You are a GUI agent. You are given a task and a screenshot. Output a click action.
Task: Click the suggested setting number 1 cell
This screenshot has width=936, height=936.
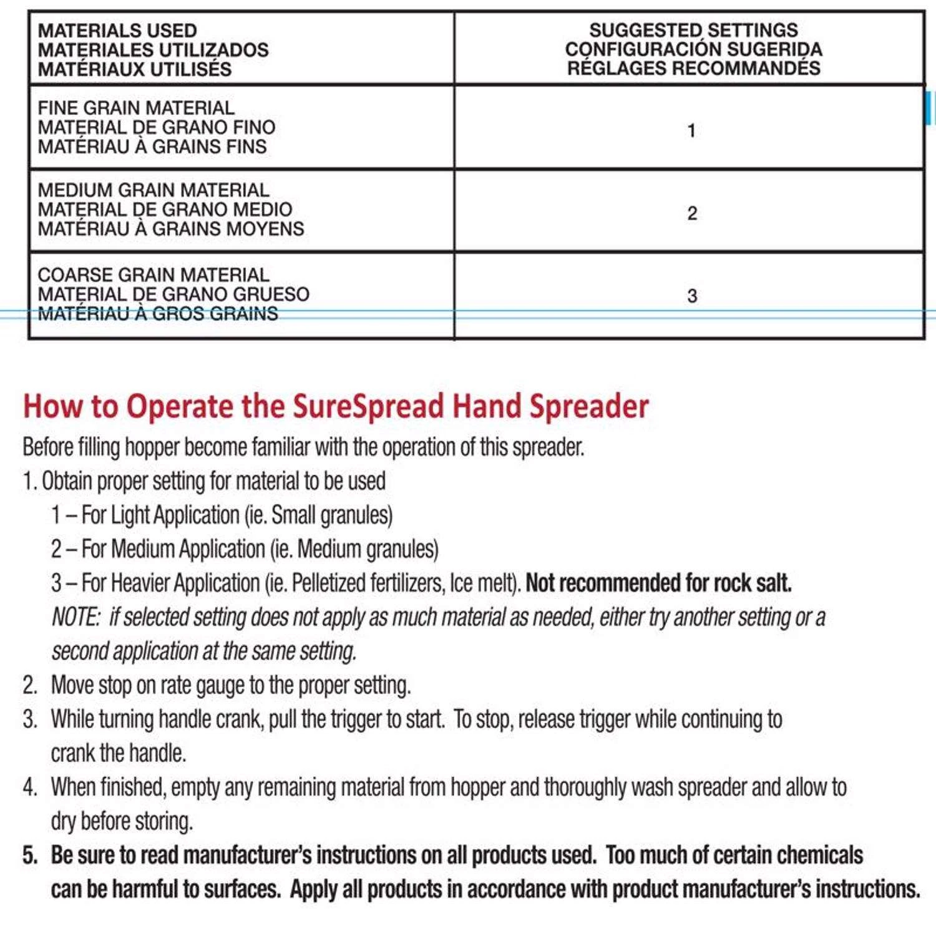691,131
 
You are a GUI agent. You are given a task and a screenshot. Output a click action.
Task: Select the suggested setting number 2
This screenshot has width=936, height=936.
691,213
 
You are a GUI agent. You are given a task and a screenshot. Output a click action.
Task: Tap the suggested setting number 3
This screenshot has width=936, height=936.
691,296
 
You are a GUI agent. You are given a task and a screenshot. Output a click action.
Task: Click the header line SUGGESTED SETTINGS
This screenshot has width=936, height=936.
693,30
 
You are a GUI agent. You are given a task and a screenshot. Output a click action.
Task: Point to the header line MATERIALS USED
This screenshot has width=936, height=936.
117,31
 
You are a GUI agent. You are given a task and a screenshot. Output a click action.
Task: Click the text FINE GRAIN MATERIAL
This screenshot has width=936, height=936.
136,108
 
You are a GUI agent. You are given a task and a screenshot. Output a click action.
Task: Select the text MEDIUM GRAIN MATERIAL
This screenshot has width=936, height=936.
154,190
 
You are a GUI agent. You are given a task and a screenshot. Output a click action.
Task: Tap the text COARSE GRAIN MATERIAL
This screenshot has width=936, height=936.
154,275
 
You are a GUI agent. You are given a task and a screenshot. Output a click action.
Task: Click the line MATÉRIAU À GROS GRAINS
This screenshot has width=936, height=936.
158,313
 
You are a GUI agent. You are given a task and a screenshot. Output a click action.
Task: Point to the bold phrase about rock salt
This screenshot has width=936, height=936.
658,583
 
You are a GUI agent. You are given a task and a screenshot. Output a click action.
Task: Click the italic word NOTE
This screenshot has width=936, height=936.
76,617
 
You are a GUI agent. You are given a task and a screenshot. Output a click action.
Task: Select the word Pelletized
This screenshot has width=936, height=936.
328,583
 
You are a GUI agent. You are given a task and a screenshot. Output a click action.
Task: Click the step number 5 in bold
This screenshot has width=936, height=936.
29,855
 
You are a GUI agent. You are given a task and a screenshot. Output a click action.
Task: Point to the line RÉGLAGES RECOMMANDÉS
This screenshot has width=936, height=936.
693,68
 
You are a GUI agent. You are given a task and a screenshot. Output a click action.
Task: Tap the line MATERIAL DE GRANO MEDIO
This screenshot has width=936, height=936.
165,210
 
